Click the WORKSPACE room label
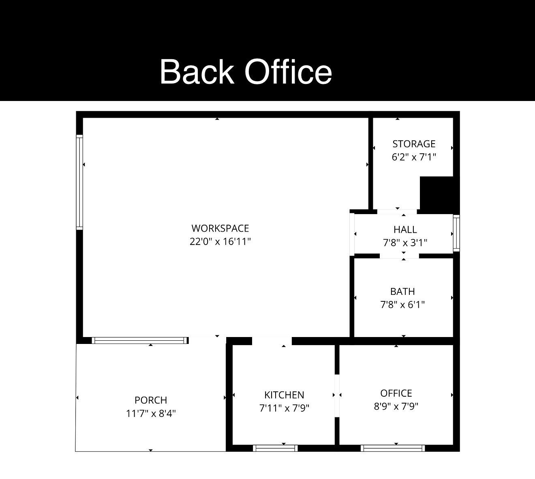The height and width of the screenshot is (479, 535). (220, 228)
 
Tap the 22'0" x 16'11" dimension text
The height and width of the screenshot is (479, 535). (220, 242)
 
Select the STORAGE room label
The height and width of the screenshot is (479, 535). (414, 144)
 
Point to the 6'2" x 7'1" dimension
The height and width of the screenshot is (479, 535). (414, 157)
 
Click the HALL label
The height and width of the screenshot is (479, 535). (405, 230)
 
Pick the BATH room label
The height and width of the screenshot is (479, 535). (402, 292)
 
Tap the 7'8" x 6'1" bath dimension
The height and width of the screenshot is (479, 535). (402, 305)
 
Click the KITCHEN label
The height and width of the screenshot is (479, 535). (284, 395)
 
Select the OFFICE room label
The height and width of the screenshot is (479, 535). (396, 393)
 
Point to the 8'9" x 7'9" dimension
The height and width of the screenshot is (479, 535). (396, 406)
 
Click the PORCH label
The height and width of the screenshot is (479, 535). (151, 400)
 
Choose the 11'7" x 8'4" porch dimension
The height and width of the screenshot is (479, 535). (151, 414)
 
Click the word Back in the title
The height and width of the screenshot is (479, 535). (197, 71)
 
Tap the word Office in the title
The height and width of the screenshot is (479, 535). (288, 71)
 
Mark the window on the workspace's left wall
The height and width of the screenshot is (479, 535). (80, 183)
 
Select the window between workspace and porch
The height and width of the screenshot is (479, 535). (140, 340)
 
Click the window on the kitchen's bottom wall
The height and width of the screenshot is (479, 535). (275, 448)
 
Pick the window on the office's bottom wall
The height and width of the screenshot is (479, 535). (393, 448)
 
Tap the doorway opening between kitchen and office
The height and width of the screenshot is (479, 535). (337, 395)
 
